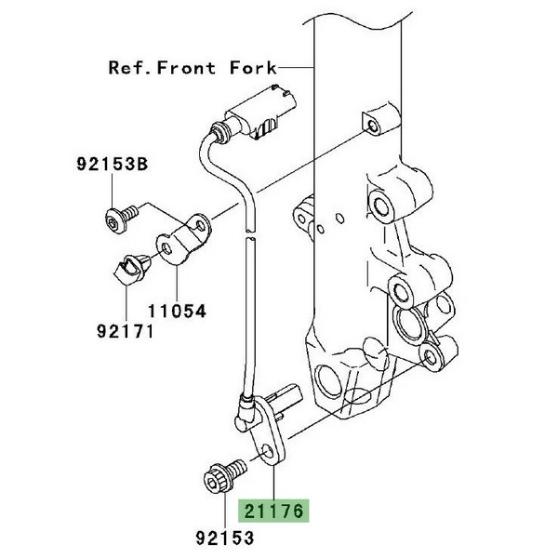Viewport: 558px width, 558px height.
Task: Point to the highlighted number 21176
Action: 274,511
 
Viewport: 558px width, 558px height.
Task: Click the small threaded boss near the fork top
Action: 369,124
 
